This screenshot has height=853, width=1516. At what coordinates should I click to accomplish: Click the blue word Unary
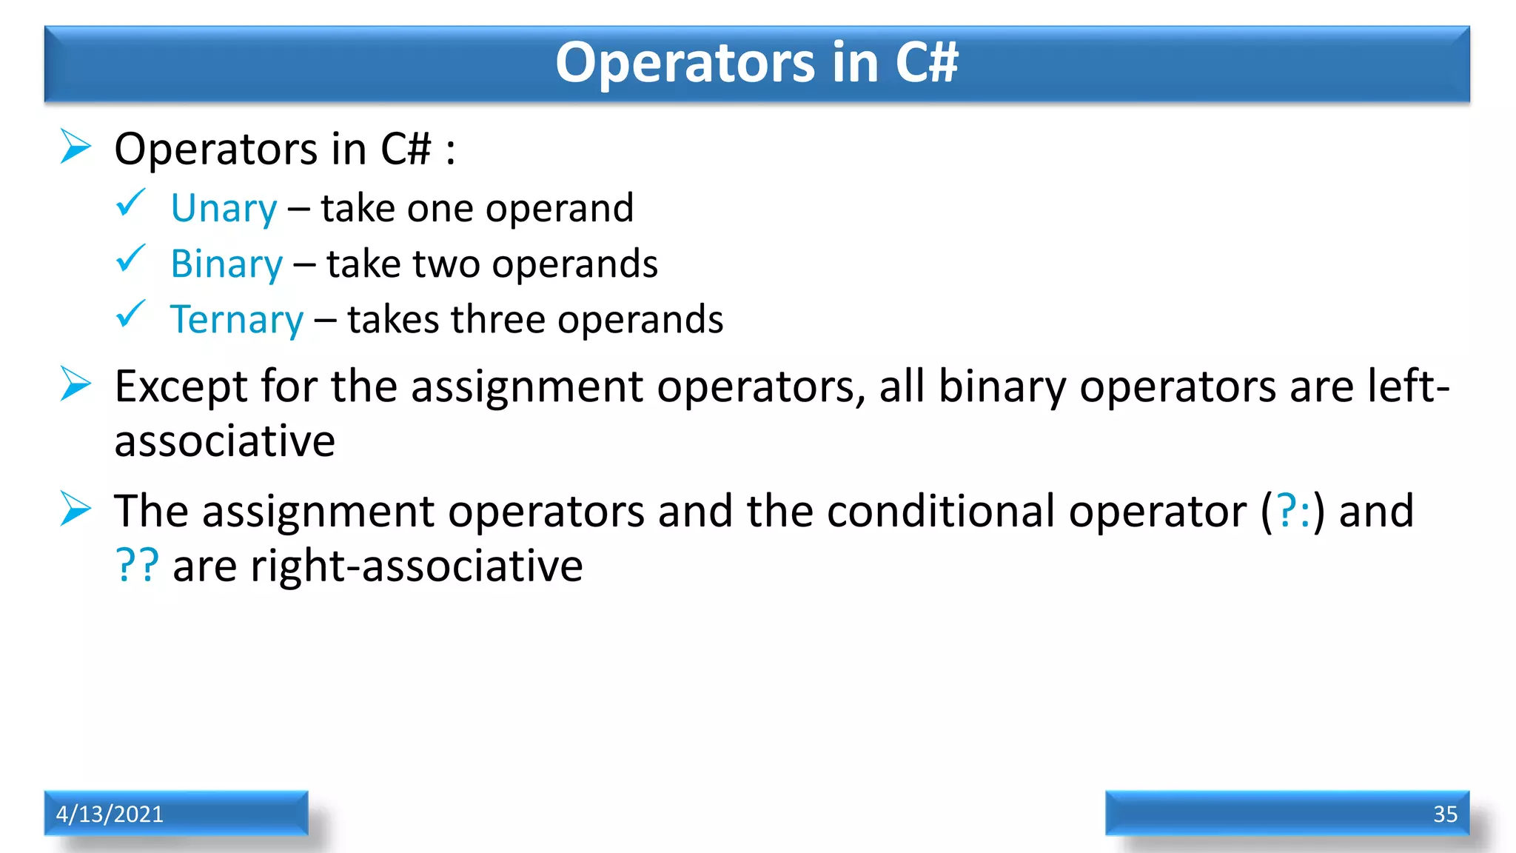(224, 209)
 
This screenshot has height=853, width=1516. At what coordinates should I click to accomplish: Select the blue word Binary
(227, 264)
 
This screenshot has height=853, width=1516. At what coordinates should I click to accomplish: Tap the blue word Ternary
(237, 320)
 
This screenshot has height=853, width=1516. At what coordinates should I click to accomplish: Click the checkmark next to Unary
(131, 203)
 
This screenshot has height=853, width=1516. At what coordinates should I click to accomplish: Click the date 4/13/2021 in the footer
(110, 814)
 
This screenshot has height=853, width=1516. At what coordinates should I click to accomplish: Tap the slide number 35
(1445, 814)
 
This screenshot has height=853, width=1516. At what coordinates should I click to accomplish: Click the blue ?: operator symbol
(1293, 511)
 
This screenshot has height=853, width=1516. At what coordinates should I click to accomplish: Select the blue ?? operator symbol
(137, 566)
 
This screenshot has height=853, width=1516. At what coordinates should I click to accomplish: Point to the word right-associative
(416, 566)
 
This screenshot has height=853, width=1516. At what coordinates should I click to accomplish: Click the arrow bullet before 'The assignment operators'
(76, 509)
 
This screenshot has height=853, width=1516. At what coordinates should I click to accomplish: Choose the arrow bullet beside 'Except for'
(76, 384)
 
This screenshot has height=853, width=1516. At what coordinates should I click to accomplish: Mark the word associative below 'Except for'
(224, 442)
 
